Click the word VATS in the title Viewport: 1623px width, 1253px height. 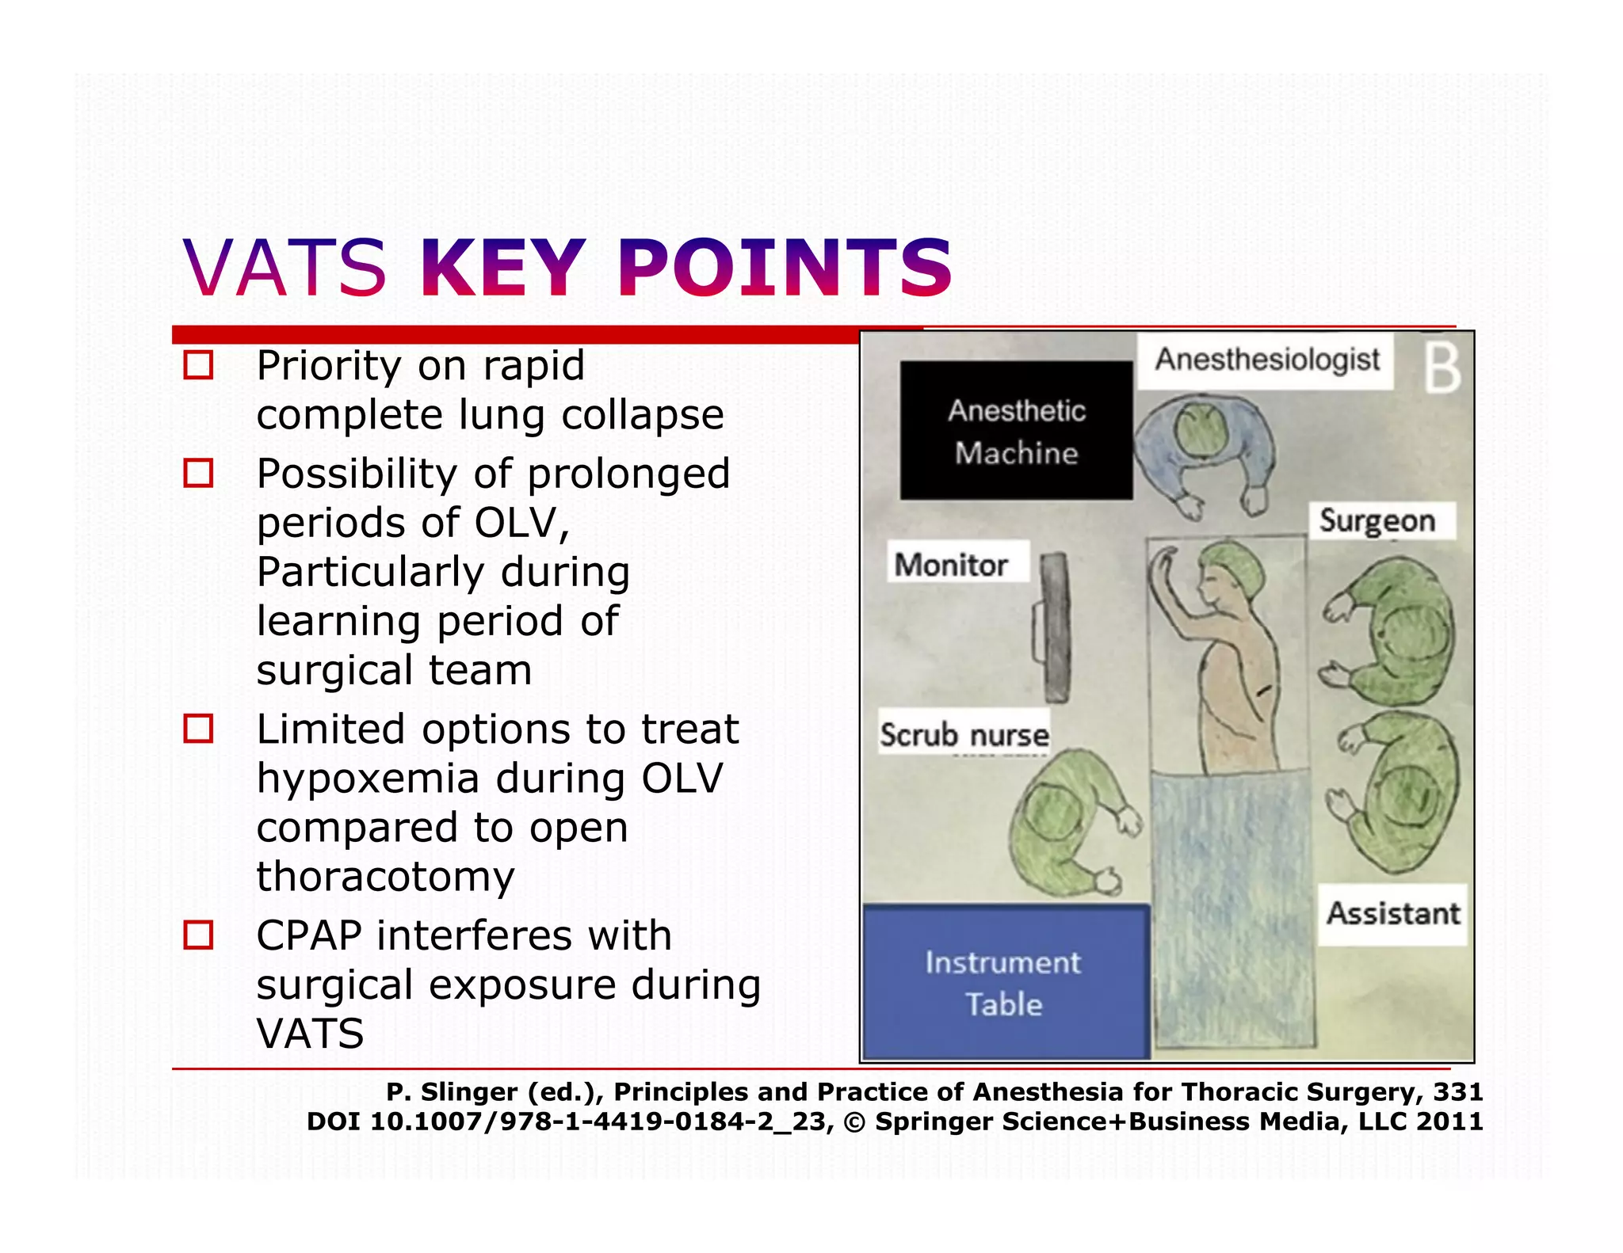[x=285, y=269]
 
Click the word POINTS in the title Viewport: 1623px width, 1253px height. [x=785, y=269]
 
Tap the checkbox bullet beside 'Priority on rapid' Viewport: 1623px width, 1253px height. [x=198, y=365]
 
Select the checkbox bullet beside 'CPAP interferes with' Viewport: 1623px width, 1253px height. [x=198, y=935]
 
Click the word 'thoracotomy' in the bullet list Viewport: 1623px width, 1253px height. [x=385, y=877]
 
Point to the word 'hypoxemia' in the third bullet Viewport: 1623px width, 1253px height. [x=368, y=778]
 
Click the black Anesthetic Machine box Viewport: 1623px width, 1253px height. [x=1016, y=431]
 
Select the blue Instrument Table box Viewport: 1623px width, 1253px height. [x=1004, y=983]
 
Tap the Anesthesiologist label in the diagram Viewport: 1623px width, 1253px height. [x=1266, y=360]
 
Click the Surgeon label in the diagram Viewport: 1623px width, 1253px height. [x=1377, y=521]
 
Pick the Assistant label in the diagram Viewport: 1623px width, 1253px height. [x=1393, y=914]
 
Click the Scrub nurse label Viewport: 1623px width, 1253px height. [x=964, y=735]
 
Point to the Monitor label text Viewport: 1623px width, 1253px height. [x=951, y=565]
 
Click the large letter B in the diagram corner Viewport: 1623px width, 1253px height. [x=1442, y=369]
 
